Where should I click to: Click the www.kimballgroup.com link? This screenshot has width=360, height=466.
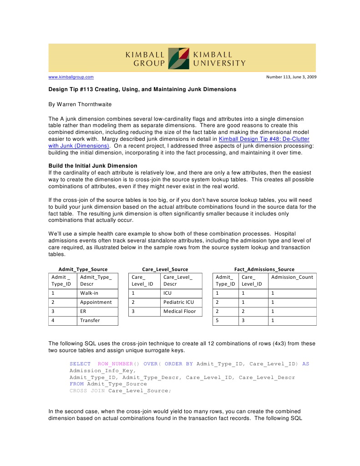pos(71,77)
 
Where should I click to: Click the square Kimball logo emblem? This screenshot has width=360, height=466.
pos(178,58)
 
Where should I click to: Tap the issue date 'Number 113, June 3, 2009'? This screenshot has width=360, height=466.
pos(291,77)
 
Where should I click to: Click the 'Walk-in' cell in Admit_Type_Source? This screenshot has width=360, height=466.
pos(89,293)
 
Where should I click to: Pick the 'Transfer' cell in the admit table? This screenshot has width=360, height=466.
pos(90,320)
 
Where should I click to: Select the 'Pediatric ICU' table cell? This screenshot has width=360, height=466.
pos(178,302)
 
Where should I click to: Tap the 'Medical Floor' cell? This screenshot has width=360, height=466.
pos(179,311)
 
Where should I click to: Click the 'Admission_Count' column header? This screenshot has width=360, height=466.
pos(292,277)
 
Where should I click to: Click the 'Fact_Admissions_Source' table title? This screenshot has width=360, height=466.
pos(264,269)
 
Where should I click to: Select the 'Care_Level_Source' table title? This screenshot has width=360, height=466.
pos(165,269)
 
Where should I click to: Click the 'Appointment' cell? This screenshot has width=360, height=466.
pos(96,302)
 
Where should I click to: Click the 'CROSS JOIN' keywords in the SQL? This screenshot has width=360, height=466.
pos(87,390)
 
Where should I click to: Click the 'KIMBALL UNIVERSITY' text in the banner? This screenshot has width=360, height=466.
pos(219,59)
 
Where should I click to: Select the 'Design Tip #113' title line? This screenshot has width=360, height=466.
pos(142,89)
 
